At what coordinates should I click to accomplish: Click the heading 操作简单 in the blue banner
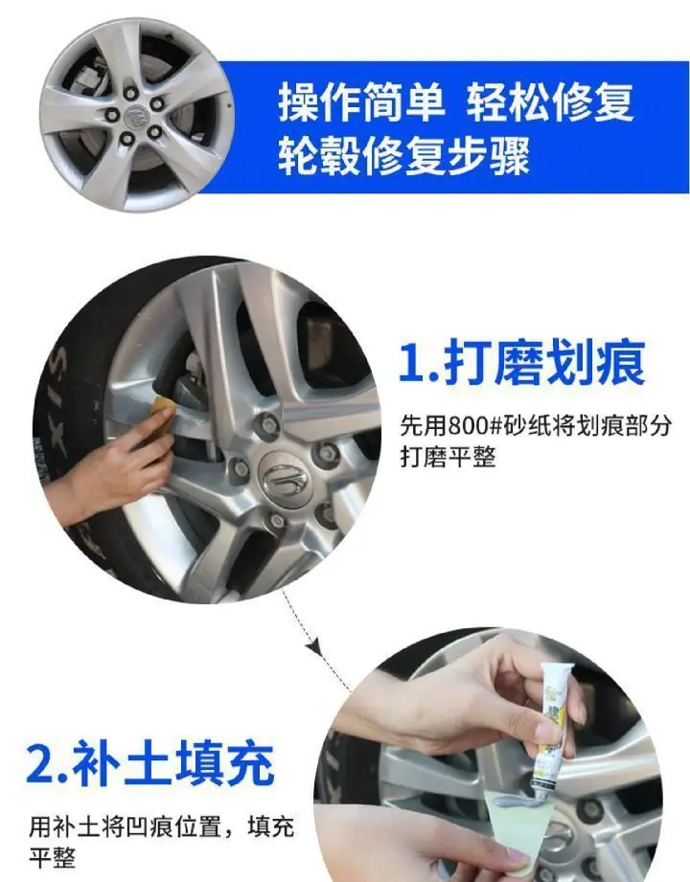click(x=362, y=102)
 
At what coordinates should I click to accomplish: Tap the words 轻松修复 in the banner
click(x=550, y=102)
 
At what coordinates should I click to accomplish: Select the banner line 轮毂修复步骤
click(x=403, y=155)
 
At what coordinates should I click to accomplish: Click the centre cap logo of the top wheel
click(x=136, y=117)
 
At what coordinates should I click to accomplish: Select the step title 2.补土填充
click(x=150, y=762)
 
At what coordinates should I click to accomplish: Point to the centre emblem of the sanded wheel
click(x=285, y=478)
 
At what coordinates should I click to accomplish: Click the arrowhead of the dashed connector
click(x=313, y=646)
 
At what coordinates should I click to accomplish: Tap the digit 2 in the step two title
click(x=40, y=764)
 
